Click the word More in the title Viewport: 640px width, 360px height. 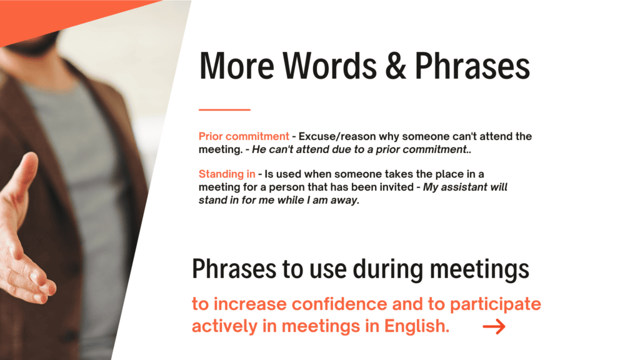point(236,66)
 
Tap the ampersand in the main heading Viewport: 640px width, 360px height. point(396,66)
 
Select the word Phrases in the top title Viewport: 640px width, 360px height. point(472,66)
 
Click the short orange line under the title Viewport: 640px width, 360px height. point(224,109)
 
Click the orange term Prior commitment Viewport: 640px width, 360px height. point(244,136)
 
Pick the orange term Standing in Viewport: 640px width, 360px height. point(227,174)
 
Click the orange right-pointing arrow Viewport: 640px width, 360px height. point(494,326)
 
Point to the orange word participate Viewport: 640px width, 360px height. point(496,305)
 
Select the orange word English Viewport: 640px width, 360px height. point(417,326)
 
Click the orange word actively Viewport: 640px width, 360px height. point(225,326)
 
